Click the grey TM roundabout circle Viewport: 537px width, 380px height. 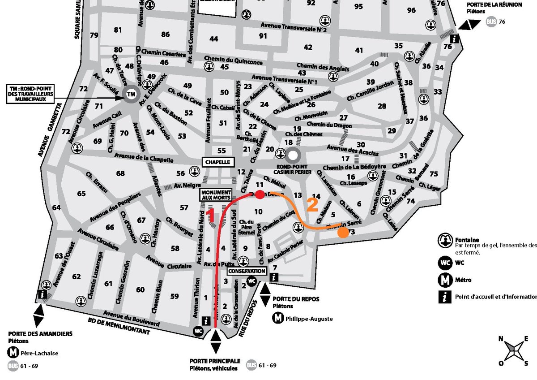coord(131,95)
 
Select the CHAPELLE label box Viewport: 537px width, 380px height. coord(217,162)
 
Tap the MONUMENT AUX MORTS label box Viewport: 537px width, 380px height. coord(216,194)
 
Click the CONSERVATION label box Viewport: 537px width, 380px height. coord(247,271)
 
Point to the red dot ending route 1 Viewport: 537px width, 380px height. coord(259,194)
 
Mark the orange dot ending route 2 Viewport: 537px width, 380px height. coord(343,232)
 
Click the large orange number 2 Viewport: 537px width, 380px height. coord(312,205)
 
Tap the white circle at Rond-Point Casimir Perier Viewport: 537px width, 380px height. coord(293,155)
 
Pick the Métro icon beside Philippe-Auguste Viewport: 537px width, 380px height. coord(278,319)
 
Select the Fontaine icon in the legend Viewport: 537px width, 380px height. coord(445,241)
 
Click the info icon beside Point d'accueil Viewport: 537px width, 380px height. coord(445,297)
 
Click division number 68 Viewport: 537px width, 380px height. coord(120,173)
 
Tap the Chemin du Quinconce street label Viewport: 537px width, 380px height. coord(227,59)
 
